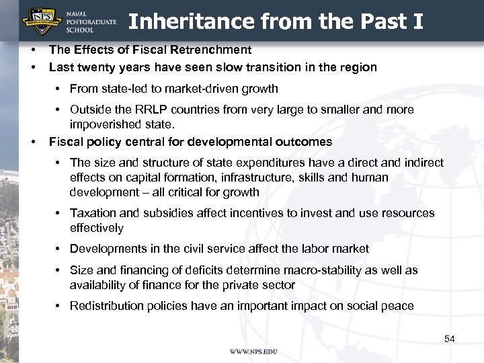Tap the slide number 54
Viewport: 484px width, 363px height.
[450, 339]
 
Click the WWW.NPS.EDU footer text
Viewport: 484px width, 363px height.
[253, 352]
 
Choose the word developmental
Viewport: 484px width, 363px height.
[235, 142]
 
